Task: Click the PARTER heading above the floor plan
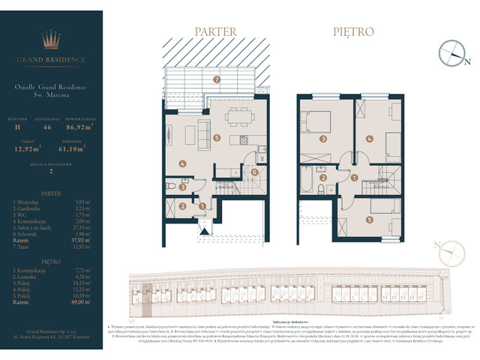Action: [x=215, y=31]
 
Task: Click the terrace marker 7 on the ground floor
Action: [x=216, y=79]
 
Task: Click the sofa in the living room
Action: [x=202, y=134]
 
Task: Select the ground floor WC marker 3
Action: [x=171, y=180]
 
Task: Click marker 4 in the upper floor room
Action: [x=369, y=139]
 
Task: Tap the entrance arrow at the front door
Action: [x=202, y=222]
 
